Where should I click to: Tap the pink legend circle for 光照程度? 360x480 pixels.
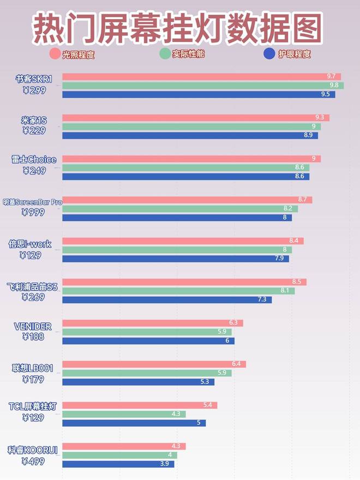click(55, 53)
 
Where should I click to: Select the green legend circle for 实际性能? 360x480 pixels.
click(165, 53)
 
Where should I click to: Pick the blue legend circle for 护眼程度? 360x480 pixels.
click(269, 53)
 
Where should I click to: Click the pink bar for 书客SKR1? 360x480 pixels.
click(201, 76)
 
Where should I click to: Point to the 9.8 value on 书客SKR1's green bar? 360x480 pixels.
click(334, 85)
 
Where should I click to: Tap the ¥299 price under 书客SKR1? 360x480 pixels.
click(34, 91)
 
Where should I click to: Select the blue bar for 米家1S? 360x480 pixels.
click(190, 135)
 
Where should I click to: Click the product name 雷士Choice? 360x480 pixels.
click(34, 160)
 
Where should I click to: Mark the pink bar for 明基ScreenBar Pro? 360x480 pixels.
click(187, 200)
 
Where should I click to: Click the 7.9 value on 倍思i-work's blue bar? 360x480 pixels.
click(279, 259)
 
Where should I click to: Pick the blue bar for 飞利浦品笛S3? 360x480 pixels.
click(167, 299)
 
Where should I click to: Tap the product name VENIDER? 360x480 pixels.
click(33, 327)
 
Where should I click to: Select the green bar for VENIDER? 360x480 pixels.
click(147, 332)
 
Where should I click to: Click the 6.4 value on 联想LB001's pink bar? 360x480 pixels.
click(236, 364)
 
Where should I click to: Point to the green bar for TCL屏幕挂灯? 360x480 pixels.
click(124, 414)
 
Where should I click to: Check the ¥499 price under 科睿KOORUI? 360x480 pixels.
click(34, 461)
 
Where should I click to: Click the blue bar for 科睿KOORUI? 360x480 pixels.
click(118, 464)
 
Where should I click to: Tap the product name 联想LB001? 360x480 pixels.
click(33, 368)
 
